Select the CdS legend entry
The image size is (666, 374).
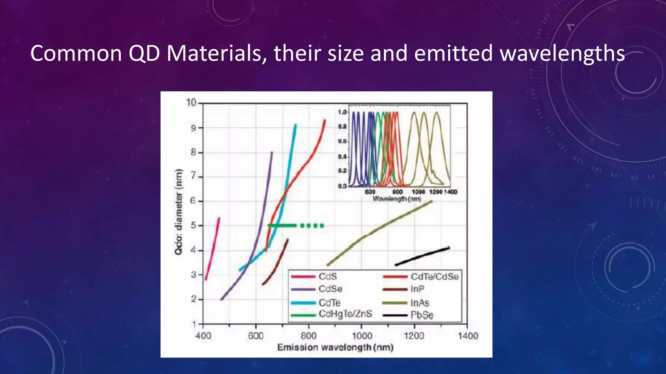click(327, 277)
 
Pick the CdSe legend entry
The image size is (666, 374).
click(330, 289)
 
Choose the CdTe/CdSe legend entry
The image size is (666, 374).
click(434, 277)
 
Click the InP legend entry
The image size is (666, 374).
click(417, 289)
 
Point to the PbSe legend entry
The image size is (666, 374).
click(422, 315)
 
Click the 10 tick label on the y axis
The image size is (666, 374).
click(191, 103)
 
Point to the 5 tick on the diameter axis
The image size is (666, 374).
click(193, 225)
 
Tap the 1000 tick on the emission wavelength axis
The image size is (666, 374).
click(362, 336)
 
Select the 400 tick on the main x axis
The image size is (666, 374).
click(203, 336)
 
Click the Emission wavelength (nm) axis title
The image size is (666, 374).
click(335, 348)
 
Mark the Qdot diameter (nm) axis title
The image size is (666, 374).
click(179, 212)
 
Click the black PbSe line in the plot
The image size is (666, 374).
click(423, 256)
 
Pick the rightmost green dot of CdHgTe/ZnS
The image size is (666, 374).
click(322, 226)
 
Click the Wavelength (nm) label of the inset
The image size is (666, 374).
click(397, 198)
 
